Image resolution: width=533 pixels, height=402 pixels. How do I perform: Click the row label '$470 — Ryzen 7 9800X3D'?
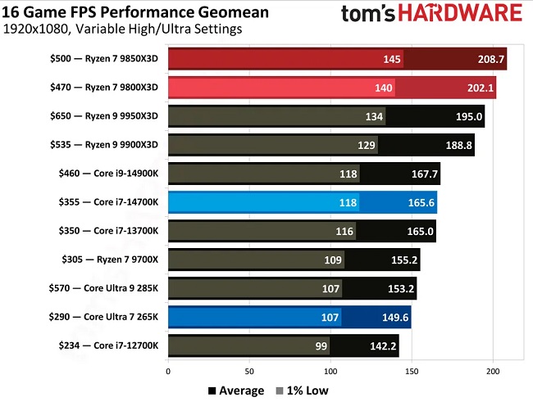[x=106, y=88]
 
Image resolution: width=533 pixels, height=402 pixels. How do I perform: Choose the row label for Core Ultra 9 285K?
[x=104, y=288]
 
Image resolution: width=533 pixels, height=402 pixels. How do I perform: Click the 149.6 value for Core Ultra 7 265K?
[x=389, y=317]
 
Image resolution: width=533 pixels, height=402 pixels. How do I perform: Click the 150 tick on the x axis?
[x=412, y=371]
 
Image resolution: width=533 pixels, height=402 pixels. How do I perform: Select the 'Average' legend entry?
[x=236, y=391]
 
